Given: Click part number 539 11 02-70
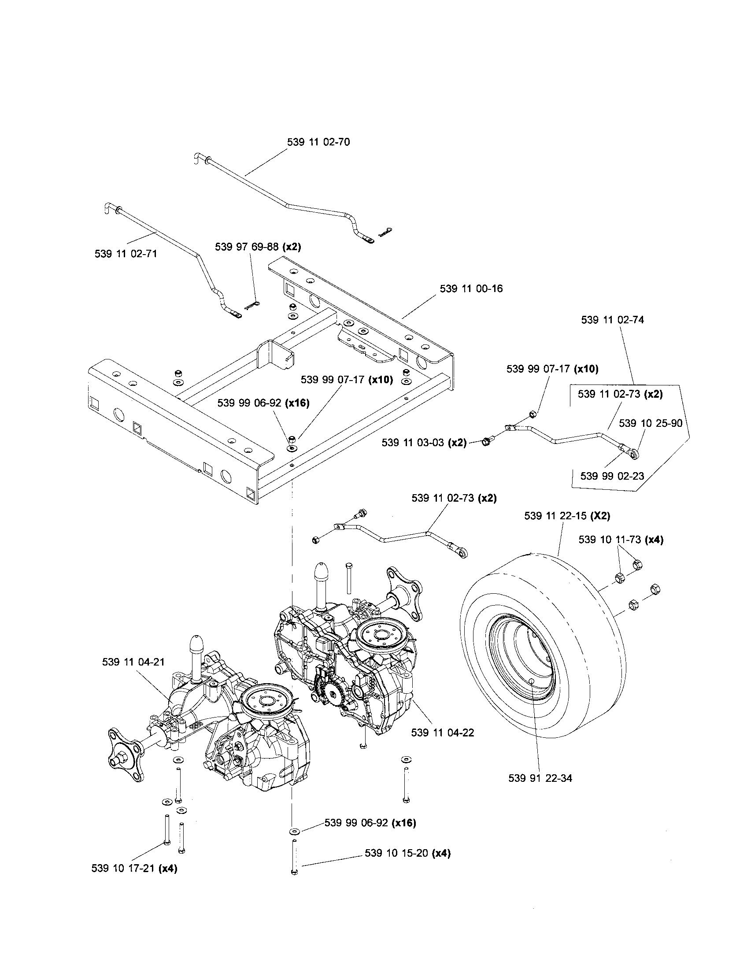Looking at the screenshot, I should (318, 142).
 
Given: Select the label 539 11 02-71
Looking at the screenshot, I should (126, 254).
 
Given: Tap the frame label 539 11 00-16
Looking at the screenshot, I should (471, 288).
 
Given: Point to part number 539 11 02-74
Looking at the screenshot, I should (612, 320).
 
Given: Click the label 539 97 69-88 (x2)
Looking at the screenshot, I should (258, 247).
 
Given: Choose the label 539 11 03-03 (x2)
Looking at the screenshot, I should (424, 442).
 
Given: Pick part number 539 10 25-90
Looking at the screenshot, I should (650, 423).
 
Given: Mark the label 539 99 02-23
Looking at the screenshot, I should (612, 476).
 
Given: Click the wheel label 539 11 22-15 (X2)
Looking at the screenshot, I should (567, 516).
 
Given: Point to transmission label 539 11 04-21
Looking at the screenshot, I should (133, 674).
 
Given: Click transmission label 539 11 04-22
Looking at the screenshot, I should (442, 732).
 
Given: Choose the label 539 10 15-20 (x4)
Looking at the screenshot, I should (407, 853).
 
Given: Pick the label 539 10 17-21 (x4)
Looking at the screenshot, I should (134, 868).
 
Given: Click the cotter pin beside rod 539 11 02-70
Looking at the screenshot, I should (386, 232).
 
